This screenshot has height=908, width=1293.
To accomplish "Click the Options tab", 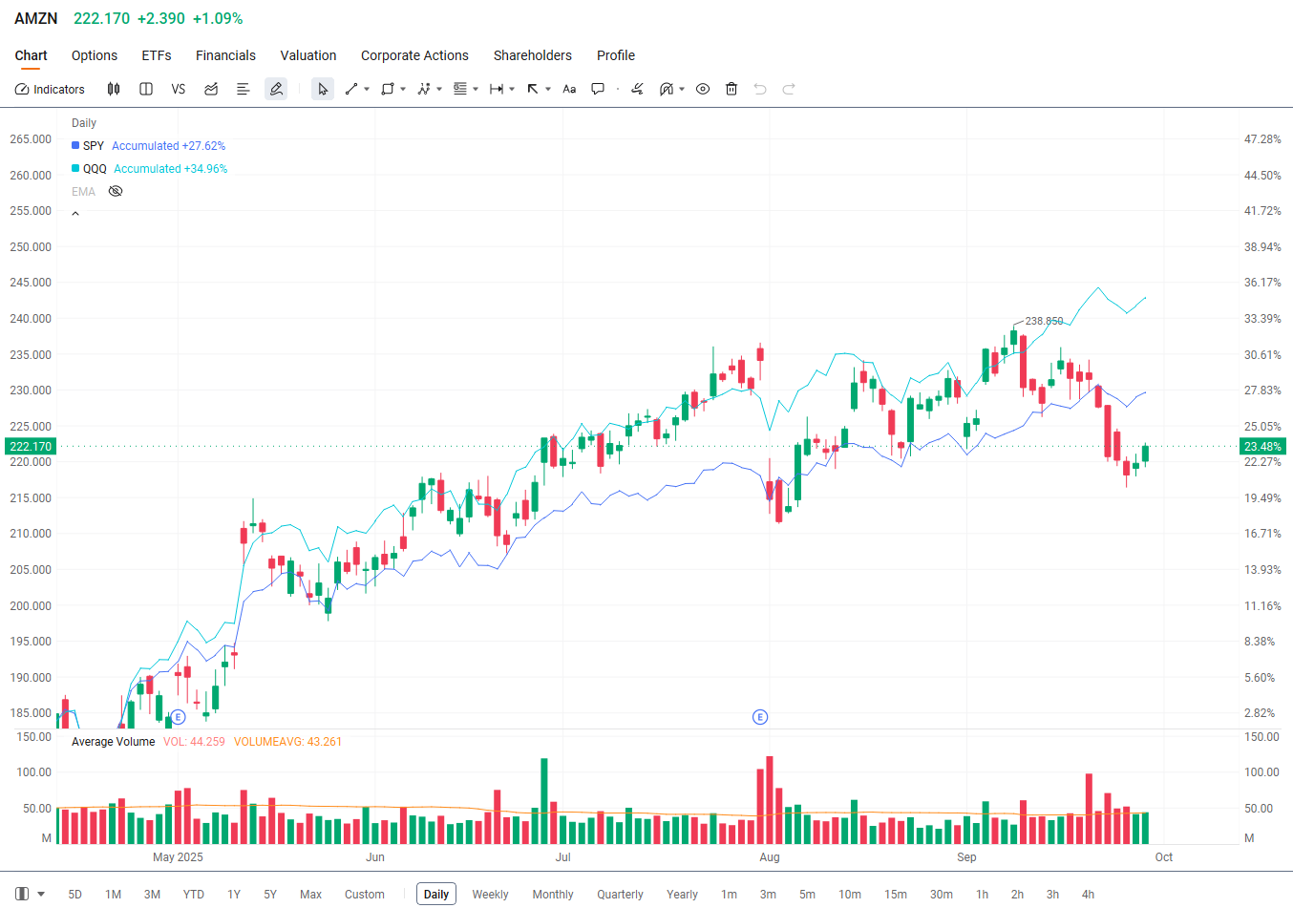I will click(95, 55).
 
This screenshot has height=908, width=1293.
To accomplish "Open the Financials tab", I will click(225, 55).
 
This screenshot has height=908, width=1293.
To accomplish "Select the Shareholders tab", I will click(532, 55).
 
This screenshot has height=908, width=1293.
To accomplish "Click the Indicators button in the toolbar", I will click(50, 89).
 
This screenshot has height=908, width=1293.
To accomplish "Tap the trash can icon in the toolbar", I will click(731, 89).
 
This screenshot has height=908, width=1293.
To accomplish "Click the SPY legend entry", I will click(93, 146).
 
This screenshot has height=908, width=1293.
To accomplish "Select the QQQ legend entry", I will click(95, 169).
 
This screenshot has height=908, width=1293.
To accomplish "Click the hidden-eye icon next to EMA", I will click(116, 192).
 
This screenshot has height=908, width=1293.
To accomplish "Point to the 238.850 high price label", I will click(1044, 321).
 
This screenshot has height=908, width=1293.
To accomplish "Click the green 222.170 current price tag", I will click(31, 447).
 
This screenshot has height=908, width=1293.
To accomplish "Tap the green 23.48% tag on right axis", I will click(1262, 447).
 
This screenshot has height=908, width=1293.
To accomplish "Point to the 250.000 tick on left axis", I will click(31, 247).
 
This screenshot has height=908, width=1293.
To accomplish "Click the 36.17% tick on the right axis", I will click(1262, 283).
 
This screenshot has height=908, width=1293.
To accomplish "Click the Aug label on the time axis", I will click(770, 857).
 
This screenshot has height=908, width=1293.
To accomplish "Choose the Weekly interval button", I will click(490, 895).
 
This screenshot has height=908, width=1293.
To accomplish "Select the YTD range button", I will click(194, 895).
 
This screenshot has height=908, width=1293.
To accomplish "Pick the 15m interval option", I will click(895, 895).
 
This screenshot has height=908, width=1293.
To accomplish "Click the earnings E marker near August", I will click(760, 717).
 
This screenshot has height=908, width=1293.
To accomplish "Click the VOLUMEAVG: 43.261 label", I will click(287, 742).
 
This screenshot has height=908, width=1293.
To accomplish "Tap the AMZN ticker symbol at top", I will click(36, 19).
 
